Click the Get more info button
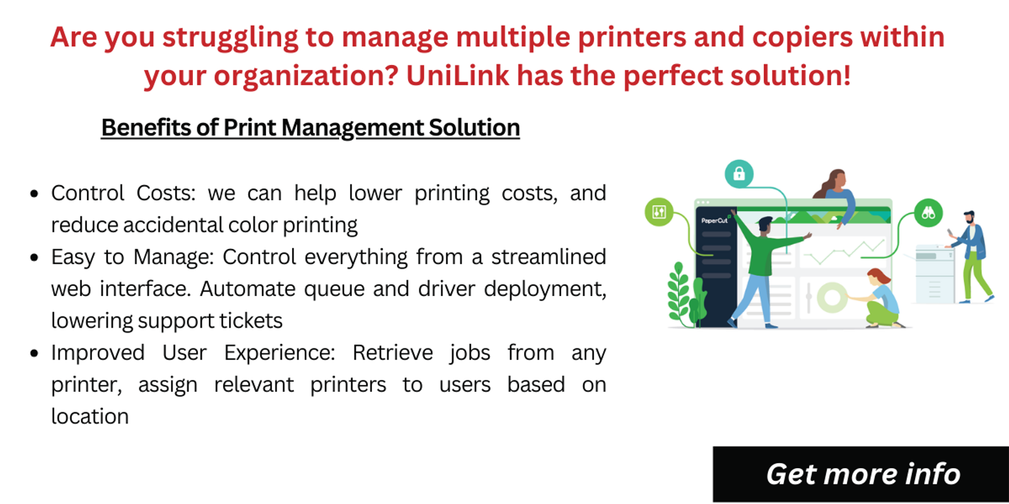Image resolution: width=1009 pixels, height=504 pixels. click(861, 474)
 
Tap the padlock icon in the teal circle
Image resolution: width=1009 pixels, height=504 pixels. click(739, 174)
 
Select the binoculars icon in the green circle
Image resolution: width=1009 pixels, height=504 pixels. click(928, 213)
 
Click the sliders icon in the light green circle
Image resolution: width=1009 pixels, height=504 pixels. click(659, 212)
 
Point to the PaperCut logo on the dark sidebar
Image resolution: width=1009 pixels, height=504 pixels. click(714, 220)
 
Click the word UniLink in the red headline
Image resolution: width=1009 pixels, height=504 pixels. click(457, 76)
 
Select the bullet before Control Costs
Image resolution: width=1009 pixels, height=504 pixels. click(34, 193)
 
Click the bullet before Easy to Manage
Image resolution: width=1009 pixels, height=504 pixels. click(34, 258)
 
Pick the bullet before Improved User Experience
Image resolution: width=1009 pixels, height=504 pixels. click(34, 353)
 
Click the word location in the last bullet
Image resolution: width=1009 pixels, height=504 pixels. click(90, 417)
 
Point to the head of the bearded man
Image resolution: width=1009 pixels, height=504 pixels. click(970, 218)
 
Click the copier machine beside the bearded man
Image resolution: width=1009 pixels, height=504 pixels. click(935, 275)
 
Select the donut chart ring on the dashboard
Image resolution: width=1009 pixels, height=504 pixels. click(832, 297)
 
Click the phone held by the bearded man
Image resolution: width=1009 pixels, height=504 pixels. click(950, 234)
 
